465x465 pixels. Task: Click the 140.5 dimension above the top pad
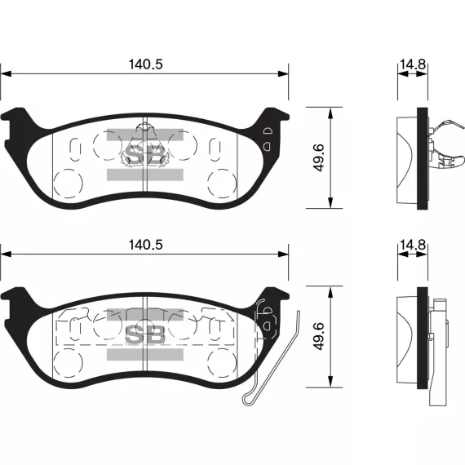pyautogui.click(x=145, y=64)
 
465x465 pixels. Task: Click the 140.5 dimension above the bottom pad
pyautogui.click(x=145, y=245)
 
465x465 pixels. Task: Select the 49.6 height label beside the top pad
pyautogui.click(x=319, y=157)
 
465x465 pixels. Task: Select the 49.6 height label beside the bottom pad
pyautogui.click(x=319, y=337)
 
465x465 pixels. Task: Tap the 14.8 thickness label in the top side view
pyautogui.click(x=413, y=64)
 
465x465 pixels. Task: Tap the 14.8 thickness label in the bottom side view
pyautogui.click(x=413, y=245)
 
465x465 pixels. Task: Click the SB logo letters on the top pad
pyautogui.click(x=144, y=154)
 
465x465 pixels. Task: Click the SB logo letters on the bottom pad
pyautogui.click(x=144, y=334)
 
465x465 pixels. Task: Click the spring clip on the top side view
pyautogui.click(x=446, y=145)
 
